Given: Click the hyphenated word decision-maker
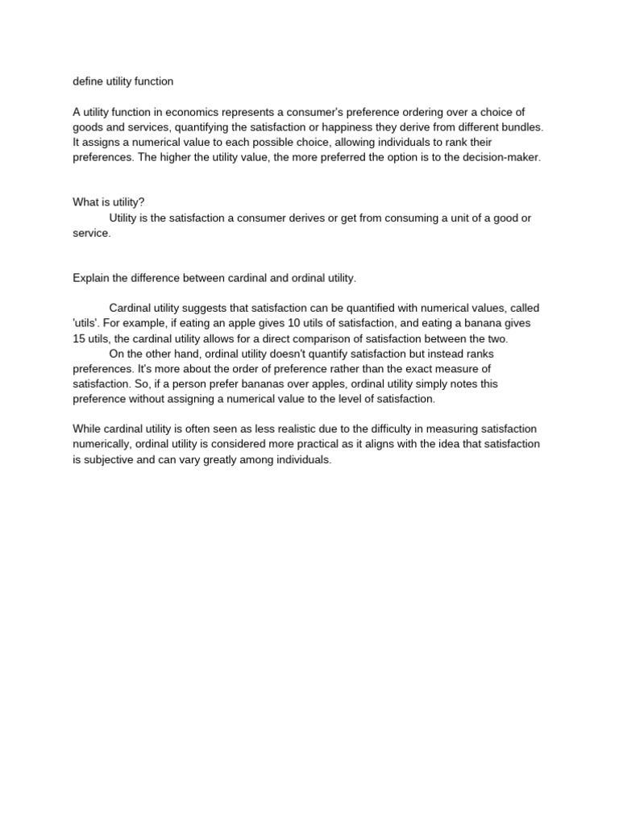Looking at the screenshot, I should tap(501, 158).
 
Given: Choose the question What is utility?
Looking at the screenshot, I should tap(109, 202).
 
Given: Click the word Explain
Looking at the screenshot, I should tap(91, 278).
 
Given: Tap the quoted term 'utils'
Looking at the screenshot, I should tap(86, 323).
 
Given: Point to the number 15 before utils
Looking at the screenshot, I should tap(79, 338).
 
